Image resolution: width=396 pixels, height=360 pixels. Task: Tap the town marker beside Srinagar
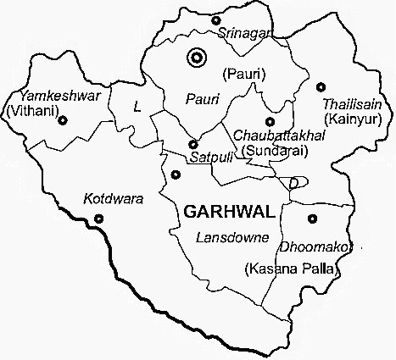(215, 19)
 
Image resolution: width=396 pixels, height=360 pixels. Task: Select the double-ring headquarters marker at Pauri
(198, 58)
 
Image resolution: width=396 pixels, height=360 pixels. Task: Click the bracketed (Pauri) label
(243, 75)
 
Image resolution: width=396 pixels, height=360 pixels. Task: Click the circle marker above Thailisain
(321, 86)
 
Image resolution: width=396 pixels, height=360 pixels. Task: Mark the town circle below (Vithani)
(61, 120)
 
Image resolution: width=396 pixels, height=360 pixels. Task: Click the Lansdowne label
(231, 236)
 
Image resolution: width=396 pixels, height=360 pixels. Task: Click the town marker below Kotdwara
(99, 219)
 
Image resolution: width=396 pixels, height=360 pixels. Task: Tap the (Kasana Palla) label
(291, 269)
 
